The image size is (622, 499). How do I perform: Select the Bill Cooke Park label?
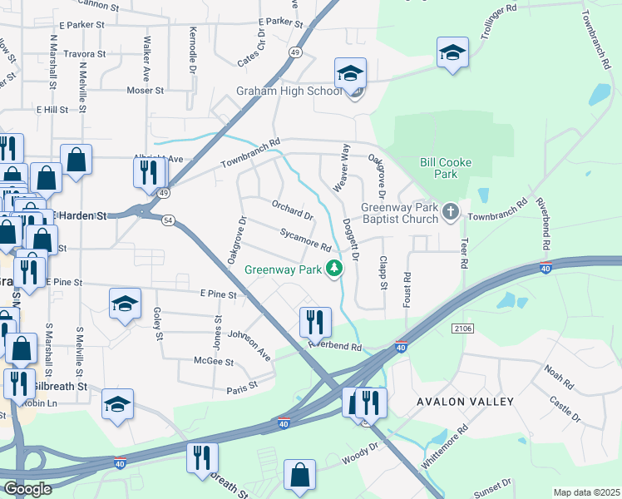pos(439,168)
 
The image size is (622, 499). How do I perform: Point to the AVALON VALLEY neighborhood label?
pos(466,402)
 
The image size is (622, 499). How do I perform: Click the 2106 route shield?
pos(463,329)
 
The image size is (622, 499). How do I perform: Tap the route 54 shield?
pos(169,220)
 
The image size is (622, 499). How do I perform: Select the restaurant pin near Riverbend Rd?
pos(315,321)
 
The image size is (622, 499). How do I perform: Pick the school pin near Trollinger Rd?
pos(452,55)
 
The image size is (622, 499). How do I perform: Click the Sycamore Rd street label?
pos(305,241)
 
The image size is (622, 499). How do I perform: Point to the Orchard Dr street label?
pos(292,210)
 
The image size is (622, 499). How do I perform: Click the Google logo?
pos(27,489)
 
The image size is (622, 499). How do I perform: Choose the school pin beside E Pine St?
pos(125,304)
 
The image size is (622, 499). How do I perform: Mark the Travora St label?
pos(84,53)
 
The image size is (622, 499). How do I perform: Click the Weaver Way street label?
pos(342,168)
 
